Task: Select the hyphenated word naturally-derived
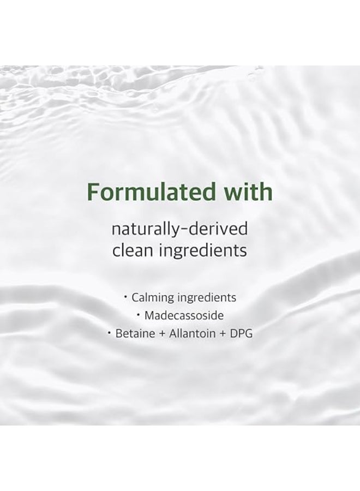pos(179,229)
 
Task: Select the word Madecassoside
pos(184,315)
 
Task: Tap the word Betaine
pos(134,333)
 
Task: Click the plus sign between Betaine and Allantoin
pos(161,334)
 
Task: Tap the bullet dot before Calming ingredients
pos(125,297)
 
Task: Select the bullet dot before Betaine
pos(110,333)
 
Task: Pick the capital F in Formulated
pos(94,193)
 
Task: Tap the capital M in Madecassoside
pos(150,315)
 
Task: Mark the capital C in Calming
pos(135,298)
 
